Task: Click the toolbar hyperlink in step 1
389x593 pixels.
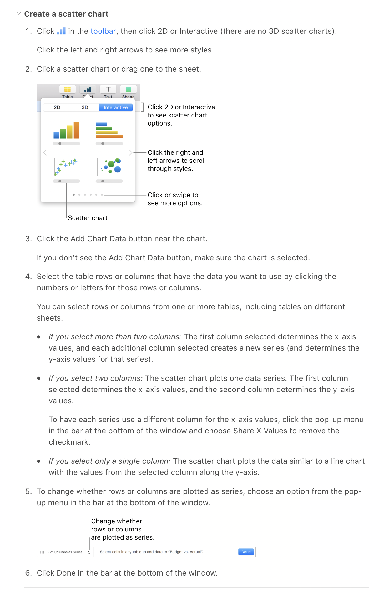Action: (x=103, y=31)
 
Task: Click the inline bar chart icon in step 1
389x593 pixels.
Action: (x=61, y=31)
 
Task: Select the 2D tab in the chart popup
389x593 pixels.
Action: (x=57, y=107)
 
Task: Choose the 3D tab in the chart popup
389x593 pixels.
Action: (x=85, y=107)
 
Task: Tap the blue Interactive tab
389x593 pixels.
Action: (x=116, y=107)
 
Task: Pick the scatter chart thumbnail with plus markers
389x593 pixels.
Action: (x=66, y=167)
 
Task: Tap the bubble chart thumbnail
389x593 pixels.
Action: (x=109, y=167)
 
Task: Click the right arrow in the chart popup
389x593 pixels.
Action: (x=131, y=152)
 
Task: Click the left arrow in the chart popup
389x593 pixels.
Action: (x=45, y=152)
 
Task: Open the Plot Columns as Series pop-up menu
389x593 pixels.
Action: (x=66, y=552)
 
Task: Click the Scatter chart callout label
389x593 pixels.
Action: (x=88, y=218)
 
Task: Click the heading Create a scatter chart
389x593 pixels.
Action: (x=66, y=14)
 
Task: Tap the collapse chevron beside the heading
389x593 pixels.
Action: (x=19, y=13)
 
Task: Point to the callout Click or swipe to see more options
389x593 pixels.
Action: (x=175, y=199)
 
